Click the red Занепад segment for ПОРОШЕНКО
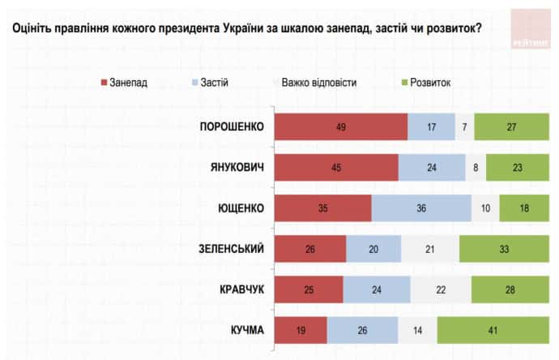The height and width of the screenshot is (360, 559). pos(340,127)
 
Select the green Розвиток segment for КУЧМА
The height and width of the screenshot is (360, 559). pos(492,330)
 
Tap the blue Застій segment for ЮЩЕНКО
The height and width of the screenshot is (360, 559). pos(421,208)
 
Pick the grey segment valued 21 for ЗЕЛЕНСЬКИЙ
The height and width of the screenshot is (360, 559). pos(430,249)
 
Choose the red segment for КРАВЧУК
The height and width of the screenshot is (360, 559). pos(309,289)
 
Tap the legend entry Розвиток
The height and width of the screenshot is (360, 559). pos(429,82)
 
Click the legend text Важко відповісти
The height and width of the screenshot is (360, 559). pos(319,82)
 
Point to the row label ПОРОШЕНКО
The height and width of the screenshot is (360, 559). pos(233,126)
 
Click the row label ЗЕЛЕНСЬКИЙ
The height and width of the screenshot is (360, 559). pos(230,248)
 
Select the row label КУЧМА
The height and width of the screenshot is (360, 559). pos(246,329)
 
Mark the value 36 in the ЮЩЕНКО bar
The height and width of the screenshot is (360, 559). pos(421,208)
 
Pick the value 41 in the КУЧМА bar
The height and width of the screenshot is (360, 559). pos(492,330)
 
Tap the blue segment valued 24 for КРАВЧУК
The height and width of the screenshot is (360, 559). pos(377,289)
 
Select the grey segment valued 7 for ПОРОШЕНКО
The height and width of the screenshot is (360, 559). pos(465,127)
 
